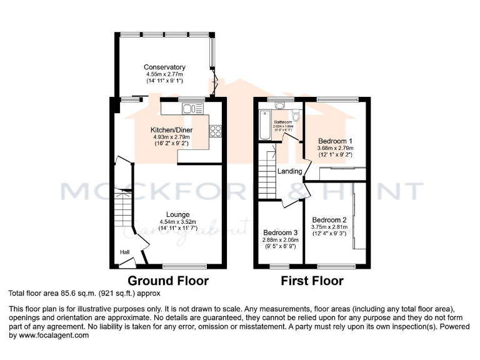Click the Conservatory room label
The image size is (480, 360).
(164, 67)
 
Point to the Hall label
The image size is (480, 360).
(125, 252)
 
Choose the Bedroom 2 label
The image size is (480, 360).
(329, 220)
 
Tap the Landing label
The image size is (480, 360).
(290, 171)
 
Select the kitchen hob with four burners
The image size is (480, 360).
(216, 131)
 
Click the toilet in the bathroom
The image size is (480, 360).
(297, 116)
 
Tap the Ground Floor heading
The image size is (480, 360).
(168, 281)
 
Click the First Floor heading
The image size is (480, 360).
(312, 281)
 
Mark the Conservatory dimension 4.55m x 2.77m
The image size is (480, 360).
(164, 74)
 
